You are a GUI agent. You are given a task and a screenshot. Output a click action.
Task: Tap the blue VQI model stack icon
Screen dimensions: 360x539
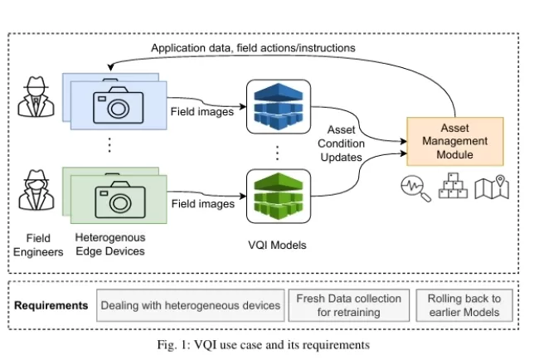click(278, 108)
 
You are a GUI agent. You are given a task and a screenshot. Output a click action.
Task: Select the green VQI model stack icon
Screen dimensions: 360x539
click(278, 197)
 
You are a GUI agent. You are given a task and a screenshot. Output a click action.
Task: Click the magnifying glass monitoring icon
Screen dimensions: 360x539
click(415, 188)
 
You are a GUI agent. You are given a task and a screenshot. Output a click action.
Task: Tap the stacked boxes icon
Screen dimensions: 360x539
click(454, 188)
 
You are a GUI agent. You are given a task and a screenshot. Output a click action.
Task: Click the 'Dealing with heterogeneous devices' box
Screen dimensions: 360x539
click(191, 305)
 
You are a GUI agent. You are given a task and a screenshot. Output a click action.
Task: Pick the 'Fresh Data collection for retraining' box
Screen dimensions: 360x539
click(348, 304)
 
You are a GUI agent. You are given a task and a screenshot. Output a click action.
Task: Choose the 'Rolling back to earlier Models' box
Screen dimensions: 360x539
click(464, 304)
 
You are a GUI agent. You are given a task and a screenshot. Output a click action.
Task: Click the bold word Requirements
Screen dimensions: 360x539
click(51, 305)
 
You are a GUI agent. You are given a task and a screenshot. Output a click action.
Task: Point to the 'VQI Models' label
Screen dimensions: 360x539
click(278, 245)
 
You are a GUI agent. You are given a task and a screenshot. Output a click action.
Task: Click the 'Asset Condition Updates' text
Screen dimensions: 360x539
click(341, 144)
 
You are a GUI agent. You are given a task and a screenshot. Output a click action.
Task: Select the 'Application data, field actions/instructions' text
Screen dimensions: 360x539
click(253, 48)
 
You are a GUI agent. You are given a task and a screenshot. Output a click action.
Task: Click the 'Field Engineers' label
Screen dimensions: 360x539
click(38, 246)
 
